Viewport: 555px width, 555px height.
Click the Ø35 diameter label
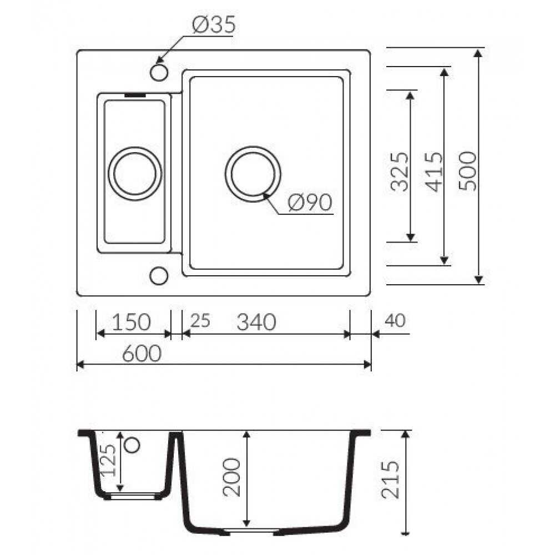coord(214,24)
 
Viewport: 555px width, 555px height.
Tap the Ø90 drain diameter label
coord(310,203)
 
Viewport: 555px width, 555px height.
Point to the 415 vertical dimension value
coord(434,172)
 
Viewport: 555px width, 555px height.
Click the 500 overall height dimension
coord(467,171)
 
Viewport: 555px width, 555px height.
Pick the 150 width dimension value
coord(132,322)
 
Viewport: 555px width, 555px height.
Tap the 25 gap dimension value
coord(200,321)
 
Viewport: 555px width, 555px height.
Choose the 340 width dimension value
coord(256,322)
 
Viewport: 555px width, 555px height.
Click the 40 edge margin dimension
coord(395,320)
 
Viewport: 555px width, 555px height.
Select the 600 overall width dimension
coord(142,353)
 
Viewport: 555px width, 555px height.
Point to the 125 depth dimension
coord(108,460)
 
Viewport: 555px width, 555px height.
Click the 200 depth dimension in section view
coord(231,477)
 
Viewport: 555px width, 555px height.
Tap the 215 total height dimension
coord(390,480)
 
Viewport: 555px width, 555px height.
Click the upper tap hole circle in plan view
coord(159,72)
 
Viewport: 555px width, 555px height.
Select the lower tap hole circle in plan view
coord(159,276)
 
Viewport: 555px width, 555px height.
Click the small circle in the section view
coord(133,445)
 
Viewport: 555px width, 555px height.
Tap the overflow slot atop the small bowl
coord(135,95)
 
